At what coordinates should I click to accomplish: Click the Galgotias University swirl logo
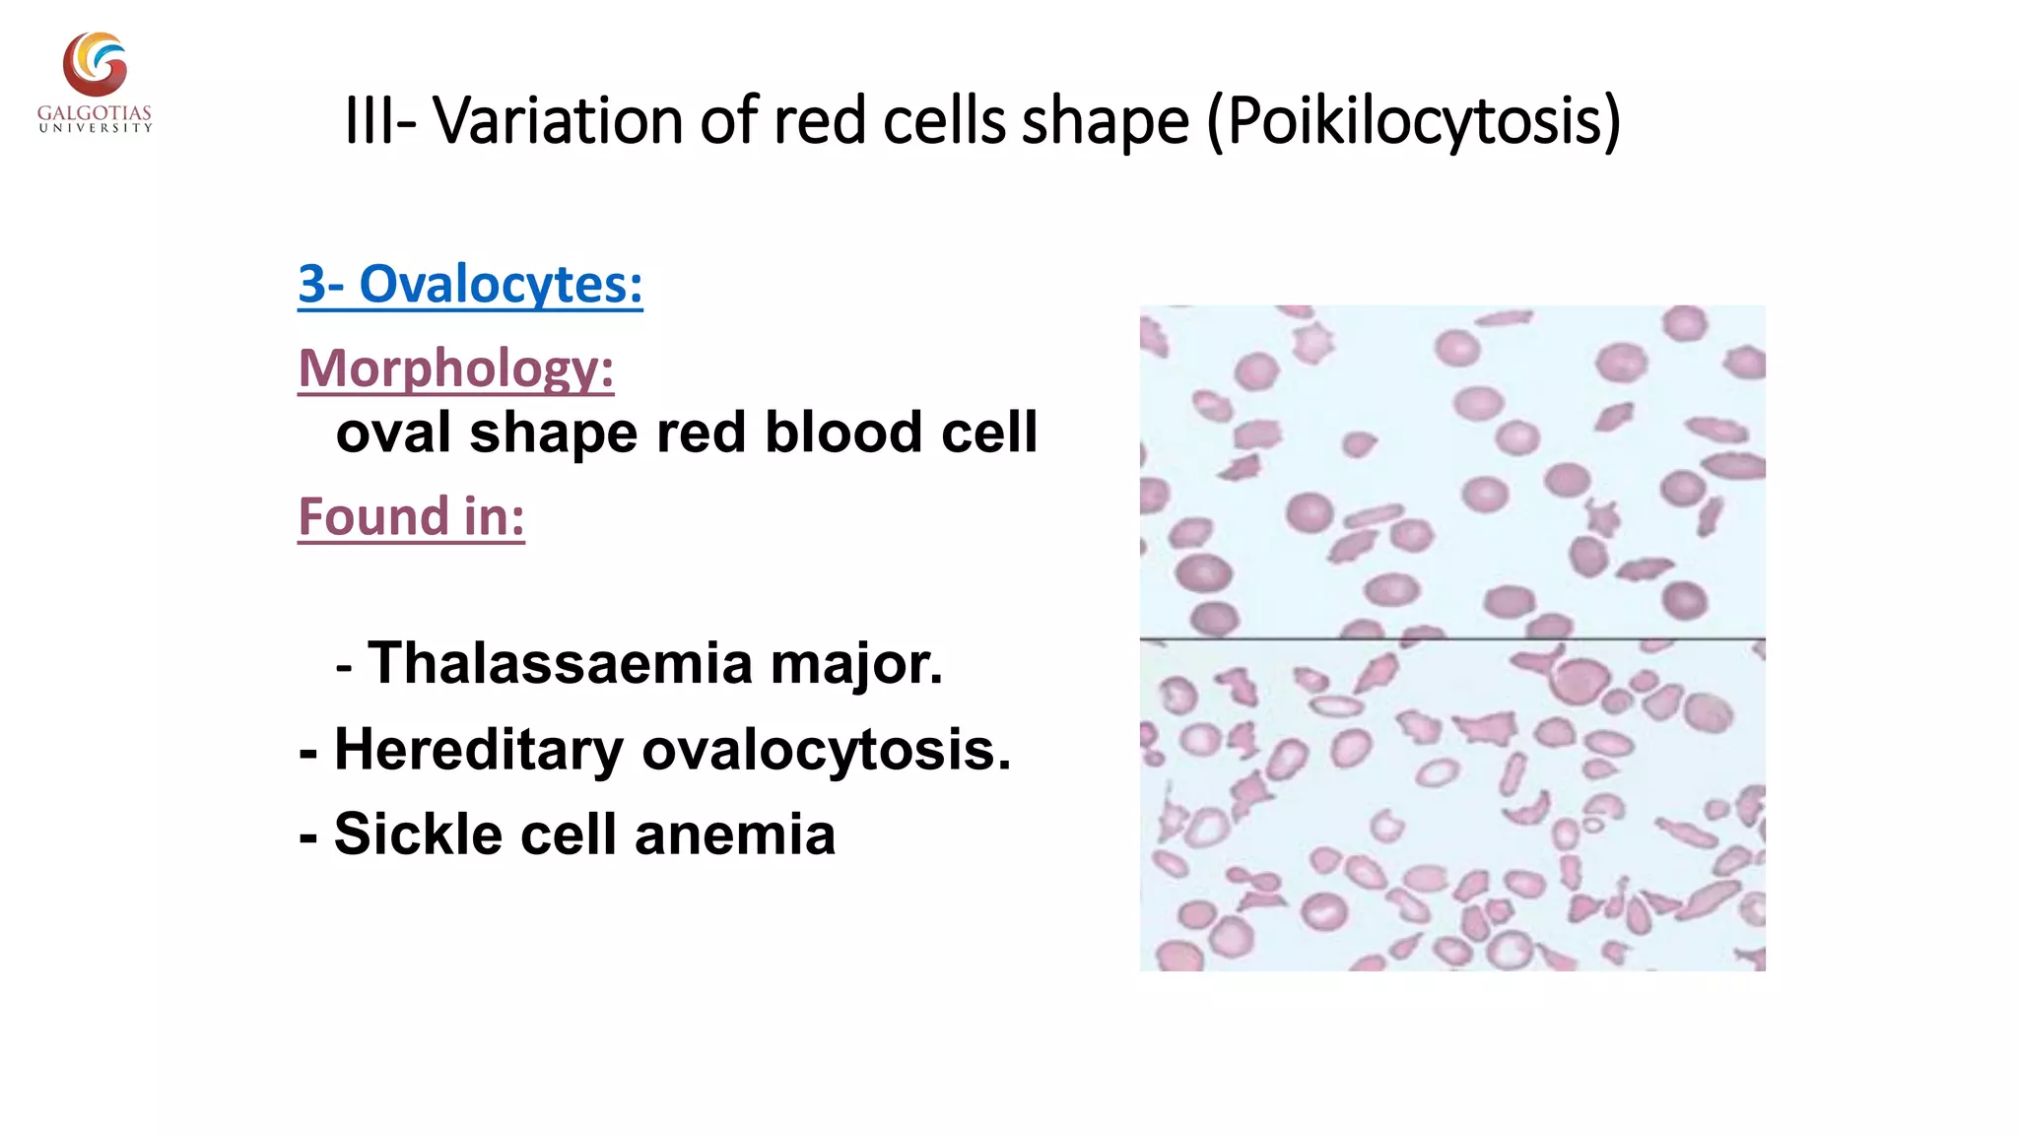[x=96, y=64]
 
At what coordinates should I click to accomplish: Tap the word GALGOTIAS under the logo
[x=95, y=113]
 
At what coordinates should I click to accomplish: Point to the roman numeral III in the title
[x=368, y=121]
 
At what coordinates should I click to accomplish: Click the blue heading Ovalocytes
[x=501, y=285]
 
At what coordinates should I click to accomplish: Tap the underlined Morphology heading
[x=456, y=368]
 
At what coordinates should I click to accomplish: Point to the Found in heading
[x=411, y=517]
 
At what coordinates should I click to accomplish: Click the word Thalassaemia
[x=561, y=663]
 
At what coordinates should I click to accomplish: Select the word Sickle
[x=418, y=835]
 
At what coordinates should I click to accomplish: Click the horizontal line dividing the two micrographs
[x=1452, y=638]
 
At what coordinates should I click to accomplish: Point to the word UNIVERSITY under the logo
[x=96, y=128]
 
